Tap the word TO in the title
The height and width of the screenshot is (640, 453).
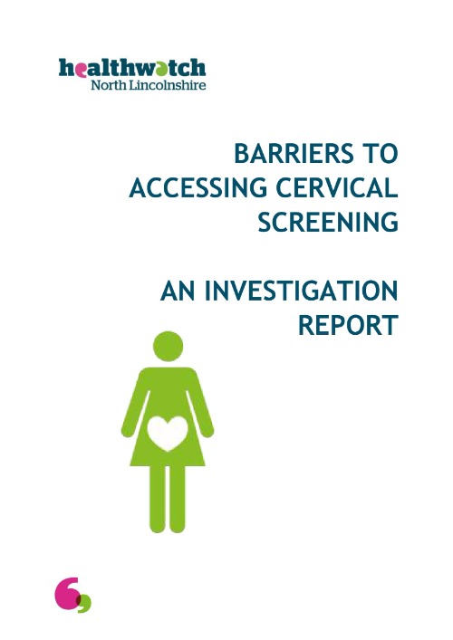[x=376, y=153]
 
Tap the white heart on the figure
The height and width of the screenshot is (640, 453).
[x=164, y=433]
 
